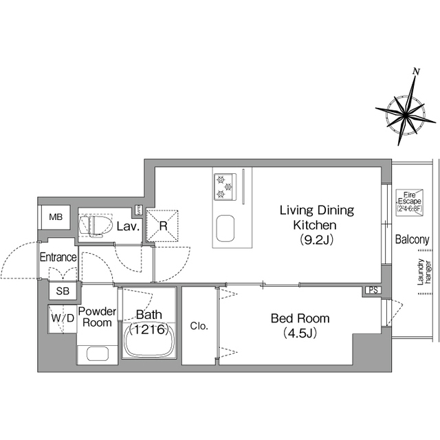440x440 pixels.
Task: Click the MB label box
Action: [56, 217]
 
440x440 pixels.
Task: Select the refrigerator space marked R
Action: [162, 225]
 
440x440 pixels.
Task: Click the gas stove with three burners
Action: [225, 186]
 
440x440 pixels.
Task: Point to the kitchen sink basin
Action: [225, 228]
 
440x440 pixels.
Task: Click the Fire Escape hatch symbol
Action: [410, 203]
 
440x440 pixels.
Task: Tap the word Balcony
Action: [412, 239]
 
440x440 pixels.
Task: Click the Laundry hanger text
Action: [424, 272]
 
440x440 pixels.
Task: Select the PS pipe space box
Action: [373, 290]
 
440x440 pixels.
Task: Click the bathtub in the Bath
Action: [148, 340]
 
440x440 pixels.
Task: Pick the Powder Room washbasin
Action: [98, 354]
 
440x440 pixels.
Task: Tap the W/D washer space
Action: [63, 319]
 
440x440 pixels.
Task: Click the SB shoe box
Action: [63, 291]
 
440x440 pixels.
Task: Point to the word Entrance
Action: [58, 257]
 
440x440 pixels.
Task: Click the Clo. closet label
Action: [199, 326]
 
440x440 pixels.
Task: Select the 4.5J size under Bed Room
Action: [300, 333]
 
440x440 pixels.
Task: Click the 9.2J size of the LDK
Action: [316, 240]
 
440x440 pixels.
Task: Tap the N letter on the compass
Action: [417, 71]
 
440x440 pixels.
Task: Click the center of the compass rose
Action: [405, 115]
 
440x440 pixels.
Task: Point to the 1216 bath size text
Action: [148, 329]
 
